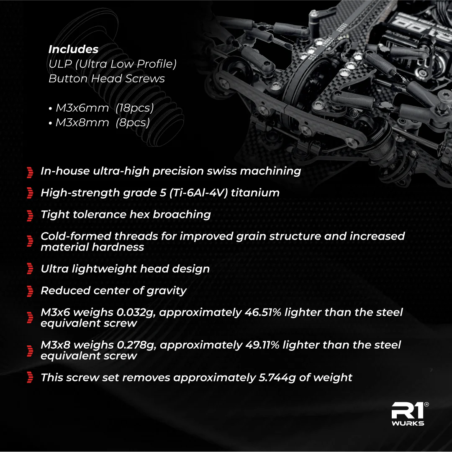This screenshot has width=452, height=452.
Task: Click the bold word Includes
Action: pyautogui.click(x=74, y=49)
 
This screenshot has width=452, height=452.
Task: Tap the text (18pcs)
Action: pyautogui.click(x=135, y=108)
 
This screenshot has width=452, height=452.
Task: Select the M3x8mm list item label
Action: pyautogui.click(x=82, y=123)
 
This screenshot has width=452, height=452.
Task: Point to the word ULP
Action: pyautogui.click(x=60, y=64)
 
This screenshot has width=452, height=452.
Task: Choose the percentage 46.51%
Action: pyautogui.click(x=263, y=312)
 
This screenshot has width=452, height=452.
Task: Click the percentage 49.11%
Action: pyautogui.click(x=262, y=345)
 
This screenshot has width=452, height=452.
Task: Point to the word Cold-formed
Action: pyautogui.click(x=76, y=236)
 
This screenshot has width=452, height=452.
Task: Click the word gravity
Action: pyautogui.click(x=167, y=291)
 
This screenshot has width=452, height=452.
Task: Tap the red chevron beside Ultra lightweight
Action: pyautogui.click(x=30, y=269)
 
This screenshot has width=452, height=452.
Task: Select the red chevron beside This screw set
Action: pyautogui.click(x=30, y=377)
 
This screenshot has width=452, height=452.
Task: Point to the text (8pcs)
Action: pyautogui.click(x=133, y=123)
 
